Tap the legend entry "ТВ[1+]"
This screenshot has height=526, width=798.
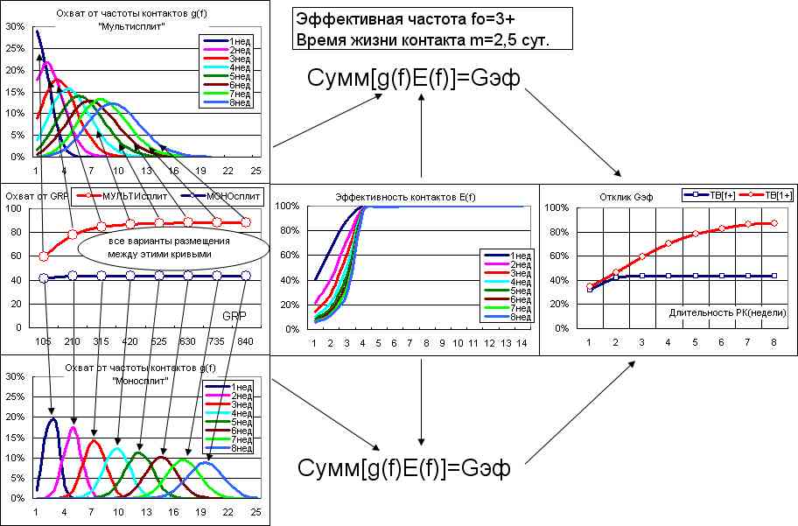777,196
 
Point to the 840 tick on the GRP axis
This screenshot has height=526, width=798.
246,342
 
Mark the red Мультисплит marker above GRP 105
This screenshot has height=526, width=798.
44,256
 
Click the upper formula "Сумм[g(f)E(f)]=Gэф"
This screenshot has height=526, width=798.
414,79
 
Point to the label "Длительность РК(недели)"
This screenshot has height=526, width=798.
727,312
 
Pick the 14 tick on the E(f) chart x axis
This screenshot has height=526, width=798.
522,342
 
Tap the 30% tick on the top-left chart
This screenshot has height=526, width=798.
14,26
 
